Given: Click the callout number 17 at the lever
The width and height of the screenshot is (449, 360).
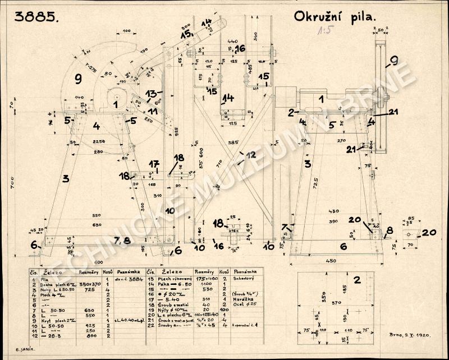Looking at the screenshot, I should pos(154,164).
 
